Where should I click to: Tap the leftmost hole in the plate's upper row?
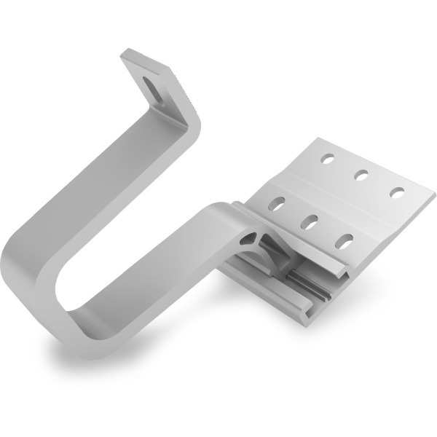(327, 157)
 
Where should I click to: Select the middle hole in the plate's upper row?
(360, 174)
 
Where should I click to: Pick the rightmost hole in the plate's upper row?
(397, 192)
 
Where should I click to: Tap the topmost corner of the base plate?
(318, 139)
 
